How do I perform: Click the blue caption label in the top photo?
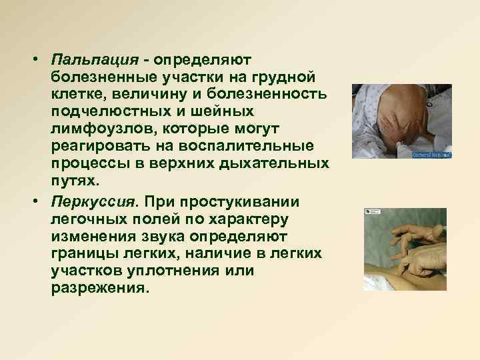point(433,153)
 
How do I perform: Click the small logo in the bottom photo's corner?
point(368,212)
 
